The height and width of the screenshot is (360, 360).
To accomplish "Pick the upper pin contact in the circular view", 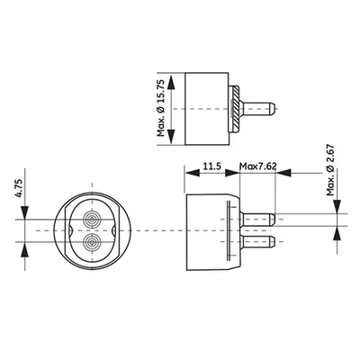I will coord(92,220).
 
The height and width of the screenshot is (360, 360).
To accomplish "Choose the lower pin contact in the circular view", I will coord(92,242).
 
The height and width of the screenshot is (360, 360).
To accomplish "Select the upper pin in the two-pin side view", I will coord(261,219).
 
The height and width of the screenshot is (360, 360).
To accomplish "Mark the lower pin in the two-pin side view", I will coord(261,241).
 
